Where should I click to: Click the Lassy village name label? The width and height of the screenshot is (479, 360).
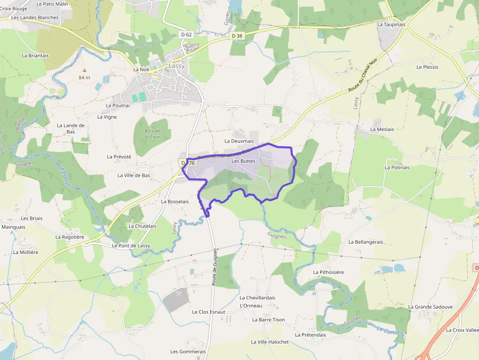(x=176, y=65)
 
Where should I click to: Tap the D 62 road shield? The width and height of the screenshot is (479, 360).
(x=186, y=35)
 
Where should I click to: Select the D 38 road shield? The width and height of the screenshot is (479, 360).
(x=237, y=36)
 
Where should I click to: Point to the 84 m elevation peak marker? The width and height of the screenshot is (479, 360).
(x=84, y=70)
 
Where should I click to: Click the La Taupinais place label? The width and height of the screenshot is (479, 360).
(x=392, y=24)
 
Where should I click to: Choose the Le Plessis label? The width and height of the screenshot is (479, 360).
(x=427, y=67)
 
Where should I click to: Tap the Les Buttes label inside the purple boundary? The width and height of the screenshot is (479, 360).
(x=243, y=161)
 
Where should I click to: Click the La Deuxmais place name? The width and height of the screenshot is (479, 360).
(x=239, y=141)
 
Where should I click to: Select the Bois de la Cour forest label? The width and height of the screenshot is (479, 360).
(x=152, y=134)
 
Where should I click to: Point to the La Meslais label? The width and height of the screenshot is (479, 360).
(x=382, y=129)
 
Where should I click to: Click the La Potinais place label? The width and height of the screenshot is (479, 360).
(x=397, y=168)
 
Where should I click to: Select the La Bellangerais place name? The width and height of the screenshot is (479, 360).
(x=366, y=242)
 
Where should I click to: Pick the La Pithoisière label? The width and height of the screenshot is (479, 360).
(x=328, y=272)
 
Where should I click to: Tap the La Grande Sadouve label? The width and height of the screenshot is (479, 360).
(x=430, y=307)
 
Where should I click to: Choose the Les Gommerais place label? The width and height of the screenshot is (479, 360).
(x=188, y=352)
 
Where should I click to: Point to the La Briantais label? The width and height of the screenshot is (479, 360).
(x=35, y=56)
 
